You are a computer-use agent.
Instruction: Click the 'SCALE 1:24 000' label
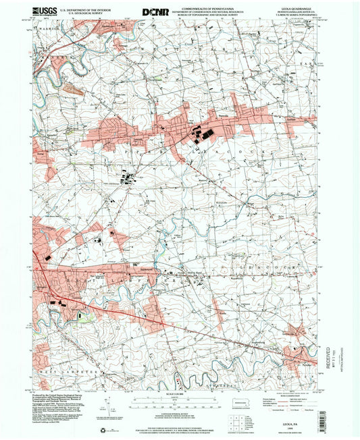tap(181, 395)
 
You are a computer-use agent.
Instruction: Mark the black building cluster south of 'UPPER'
tap(126, 179)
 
